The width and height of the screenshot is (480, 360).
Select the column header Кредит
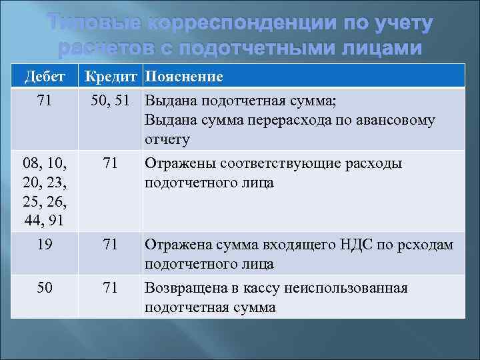pyautogui.click(x=111, y=77)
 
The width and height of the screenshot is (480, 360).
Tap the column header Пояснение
pyautogui.click(x=184, y=77)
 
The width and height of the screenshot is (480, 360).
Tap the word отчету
pyautogui.click(x=167, y=139)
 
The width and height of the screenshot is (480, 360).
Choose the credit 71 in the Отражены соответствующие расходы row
pyautogui.click(x=111, y=164)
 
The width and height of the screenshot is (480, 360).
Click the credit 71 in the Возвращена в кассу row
pyautogui.click(x=111, y=288)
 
